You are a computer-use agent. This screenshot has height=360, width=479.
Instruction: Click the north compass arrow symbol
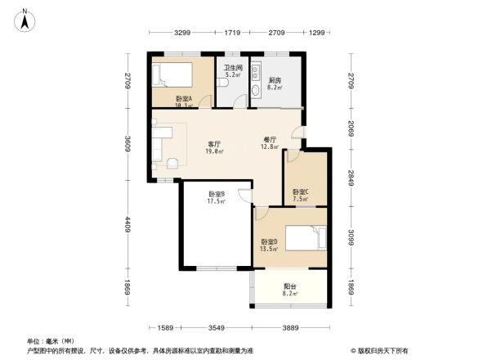pos(26,19)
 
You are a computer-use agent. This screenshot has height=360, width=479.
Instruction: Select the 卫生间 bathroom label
pos(233,70)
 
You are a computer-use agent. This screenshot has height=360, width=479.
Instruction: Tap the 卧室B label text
pos(216,197)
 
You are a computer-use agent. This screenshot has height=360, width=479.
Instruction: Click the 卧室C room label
pos(300,195)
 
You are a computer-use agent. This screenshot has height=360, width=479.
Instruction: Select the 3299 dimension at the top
pos(181,32)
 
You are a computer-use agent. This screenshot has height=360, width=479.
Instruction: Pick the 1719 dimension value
pos(232,32)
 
